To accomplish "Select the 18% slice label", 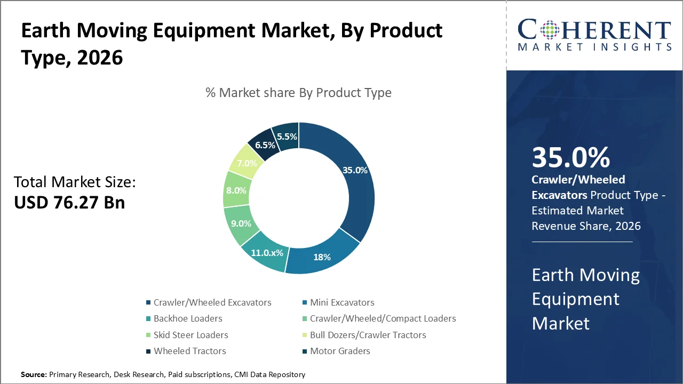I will tap(322, 257).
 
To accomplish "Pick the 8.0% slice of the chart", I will tap(236, 190).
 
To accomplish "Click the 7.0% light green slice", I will tap(247, 163).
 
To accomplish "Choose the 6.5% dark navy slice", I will tap(265, 145).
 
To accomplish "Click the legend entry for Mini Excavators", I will tap(342, 302).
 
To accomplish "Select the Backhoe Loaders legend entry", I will tap(188, 318).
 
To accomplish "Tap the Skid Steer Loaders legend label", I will tap(190, 335).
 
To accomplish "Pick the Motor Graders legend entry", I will tap(340, 351).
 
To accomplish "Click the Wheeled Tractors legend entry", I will tap(189, 351).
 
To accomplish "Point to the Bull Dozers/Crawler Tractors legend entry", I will tap(368, 335).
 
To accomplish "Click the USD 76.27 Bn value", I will tap(69, 203).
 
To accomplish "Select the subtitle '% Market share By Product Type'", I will tap(298, 93).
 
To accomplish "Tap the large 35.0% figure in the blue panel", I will tap(570, 157).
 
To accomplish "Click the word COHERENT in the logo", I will tap(594, 30).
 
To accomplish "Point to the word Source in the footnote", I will tap(34, 375).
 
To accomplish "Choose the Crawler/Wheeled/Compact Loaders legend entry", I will tap(383, 318).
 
